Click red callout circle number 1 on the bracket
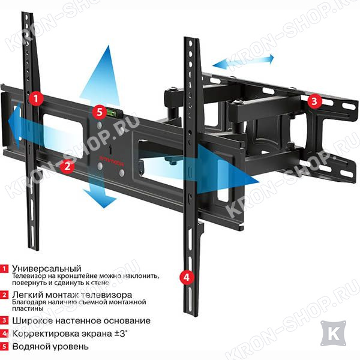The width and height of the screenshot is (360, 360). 36,99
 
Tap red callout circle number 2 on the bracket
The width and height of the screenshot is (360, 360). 67,166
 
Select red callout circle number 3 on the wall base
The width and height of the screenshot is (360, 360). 314,101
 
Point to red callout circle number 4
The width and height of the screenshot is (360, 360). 187,277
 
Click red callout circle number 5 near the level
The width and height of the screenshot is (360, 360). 100,112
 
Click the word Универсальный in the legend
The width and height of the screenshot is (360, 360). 47,268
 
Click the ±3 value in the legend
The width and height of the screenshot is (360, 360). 121,334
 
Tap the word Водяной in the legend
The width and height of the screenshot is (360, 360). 29,346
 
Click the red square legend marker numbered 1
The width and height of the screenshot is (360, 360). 4,269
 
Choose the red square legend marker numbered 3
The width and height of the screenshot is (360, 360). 4,320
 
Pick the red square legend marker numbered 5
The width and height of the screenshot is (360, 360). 4,347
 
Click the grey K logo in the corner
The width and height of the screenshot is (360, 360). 334,334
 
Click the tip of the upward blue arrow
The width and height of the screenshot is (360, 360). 109,46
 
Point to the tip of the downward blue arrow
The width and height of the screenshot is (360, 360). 104,208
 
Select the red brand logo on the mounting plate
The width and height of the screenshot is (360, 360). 112,163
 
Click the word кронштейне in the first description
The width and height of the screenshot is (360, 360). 69,276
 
